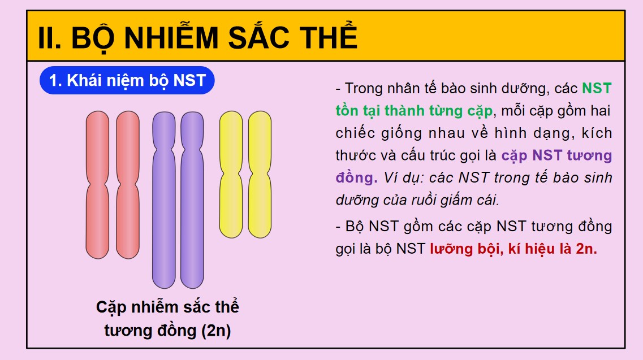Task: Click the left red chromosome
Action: [97, 220]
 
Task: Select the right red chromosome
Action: [127, 220]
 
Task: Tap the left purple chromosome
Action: [163, 226]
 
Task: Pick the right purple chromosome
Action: [192, 226]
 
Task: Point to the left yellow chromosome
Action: [231, 203]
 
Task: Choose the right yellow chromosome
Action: [260, 203]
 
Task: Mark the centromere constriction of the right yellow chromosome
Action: [260, 170]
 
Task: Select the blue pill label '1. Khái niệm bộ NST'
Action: [127, 81]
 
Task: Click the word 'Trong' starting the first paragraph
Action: [364, 89]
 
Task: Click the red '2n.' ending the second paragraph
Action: [586, 249]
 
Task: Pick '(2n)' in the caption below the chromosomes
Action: [216, 331]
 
